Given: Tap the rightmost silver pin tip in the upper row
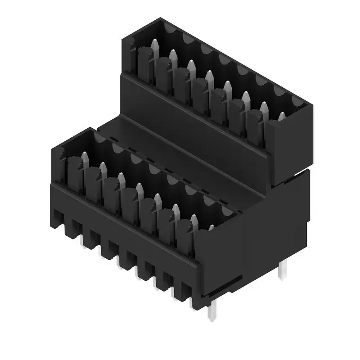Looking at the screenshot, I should pyautogui.click(x=281, y=117).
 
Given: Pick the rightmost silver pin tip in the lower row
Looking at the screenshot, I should pyautogui.click(x=211, y=228).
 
